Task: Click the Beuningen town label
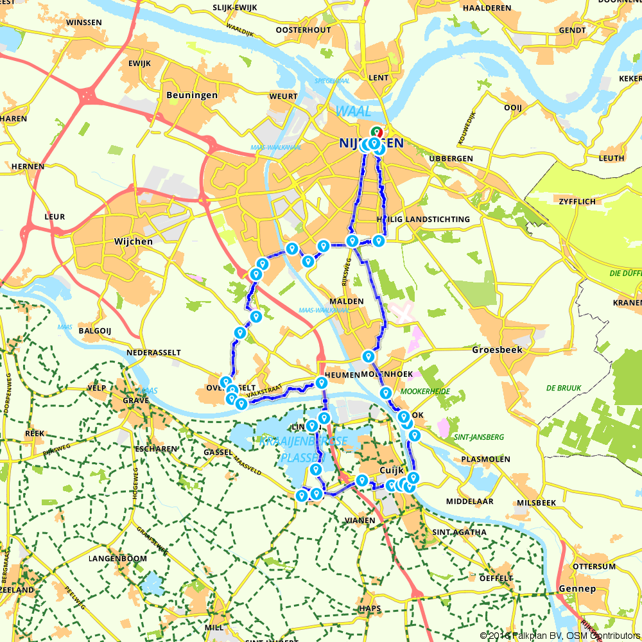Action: pyautogui.click(x=191, y=95)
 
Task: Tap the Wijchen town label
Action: pyautogui.click(x=133, y=241)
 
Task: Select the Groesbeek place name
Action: pyautogui.click(x=498, y=350)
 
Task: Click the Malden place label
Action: pyautogui.click(x=347, y=300)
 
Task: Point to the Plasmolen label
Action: pyautogui.click(x=485, y=459)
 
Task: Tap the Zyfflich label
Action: pyautogui.click(x=578, y=201)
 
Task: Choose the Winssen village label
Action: pyautogui.click(x=84, y=22)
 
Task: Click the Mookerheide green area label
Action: pyautogui.click(x=424, y=391)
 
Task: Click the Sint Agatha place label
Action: pyautogui.click(x=460, y=532)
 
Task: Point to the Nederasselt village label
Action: pyautogui.click(x=154, y=352)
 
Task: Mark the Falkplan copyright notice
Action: pyautogui.click(x=560, y=636)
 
